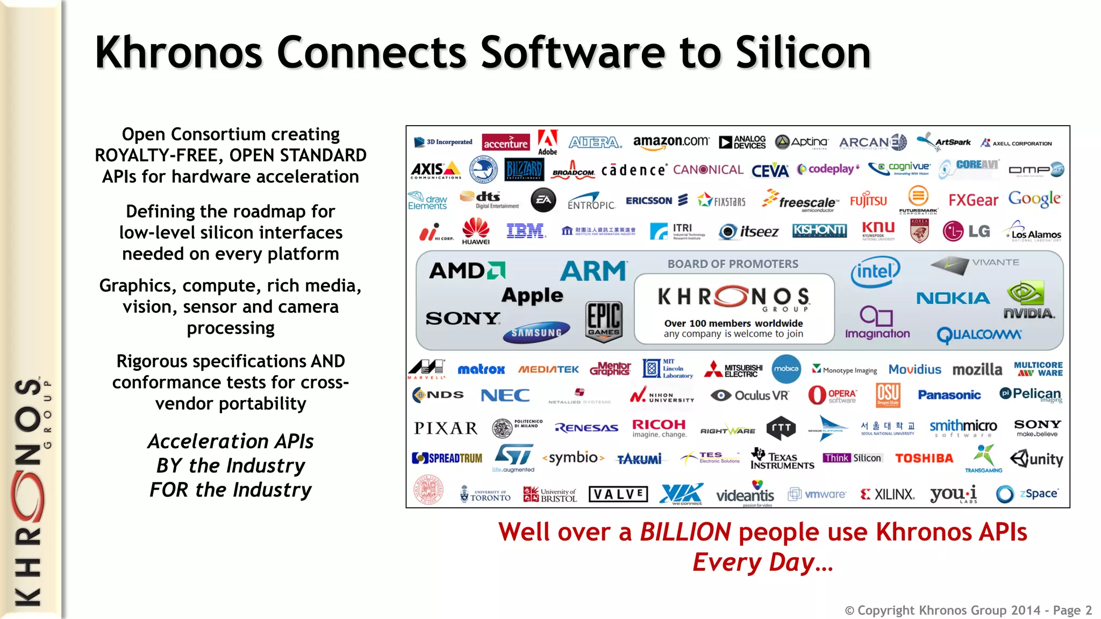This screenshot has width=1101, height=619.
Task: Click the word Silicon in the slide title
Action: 803,52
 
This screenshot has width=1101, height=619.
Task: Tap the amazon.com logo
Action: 671,142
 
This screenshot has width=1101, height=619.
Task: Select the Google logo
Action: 1034,199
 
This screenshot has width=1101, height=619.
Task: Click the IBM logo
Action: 526,231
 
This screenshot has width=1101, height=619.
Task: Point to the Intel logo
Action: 875,271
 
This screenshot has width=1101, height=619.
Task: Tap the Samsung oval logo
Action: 536,333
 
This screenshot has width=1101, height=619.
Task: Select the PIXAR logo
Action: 446,428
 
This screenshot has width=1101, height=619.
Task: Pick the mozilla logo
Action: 977,370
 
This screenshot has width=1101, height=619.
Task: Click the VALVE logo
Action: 618,494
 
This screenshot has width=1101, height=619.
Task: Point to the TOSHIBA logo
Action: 924,458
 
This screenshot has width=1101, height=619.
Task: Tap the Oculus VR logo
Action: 749,395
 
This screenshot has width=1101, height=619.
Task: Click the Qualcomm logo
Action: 978,335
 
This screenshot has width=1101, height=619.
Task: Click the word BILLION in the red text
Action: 685,532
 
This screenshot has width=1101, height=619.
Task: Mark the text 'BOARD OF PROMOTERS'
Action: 733,264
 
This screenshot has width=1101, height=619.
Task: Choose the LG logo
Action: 967,231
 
